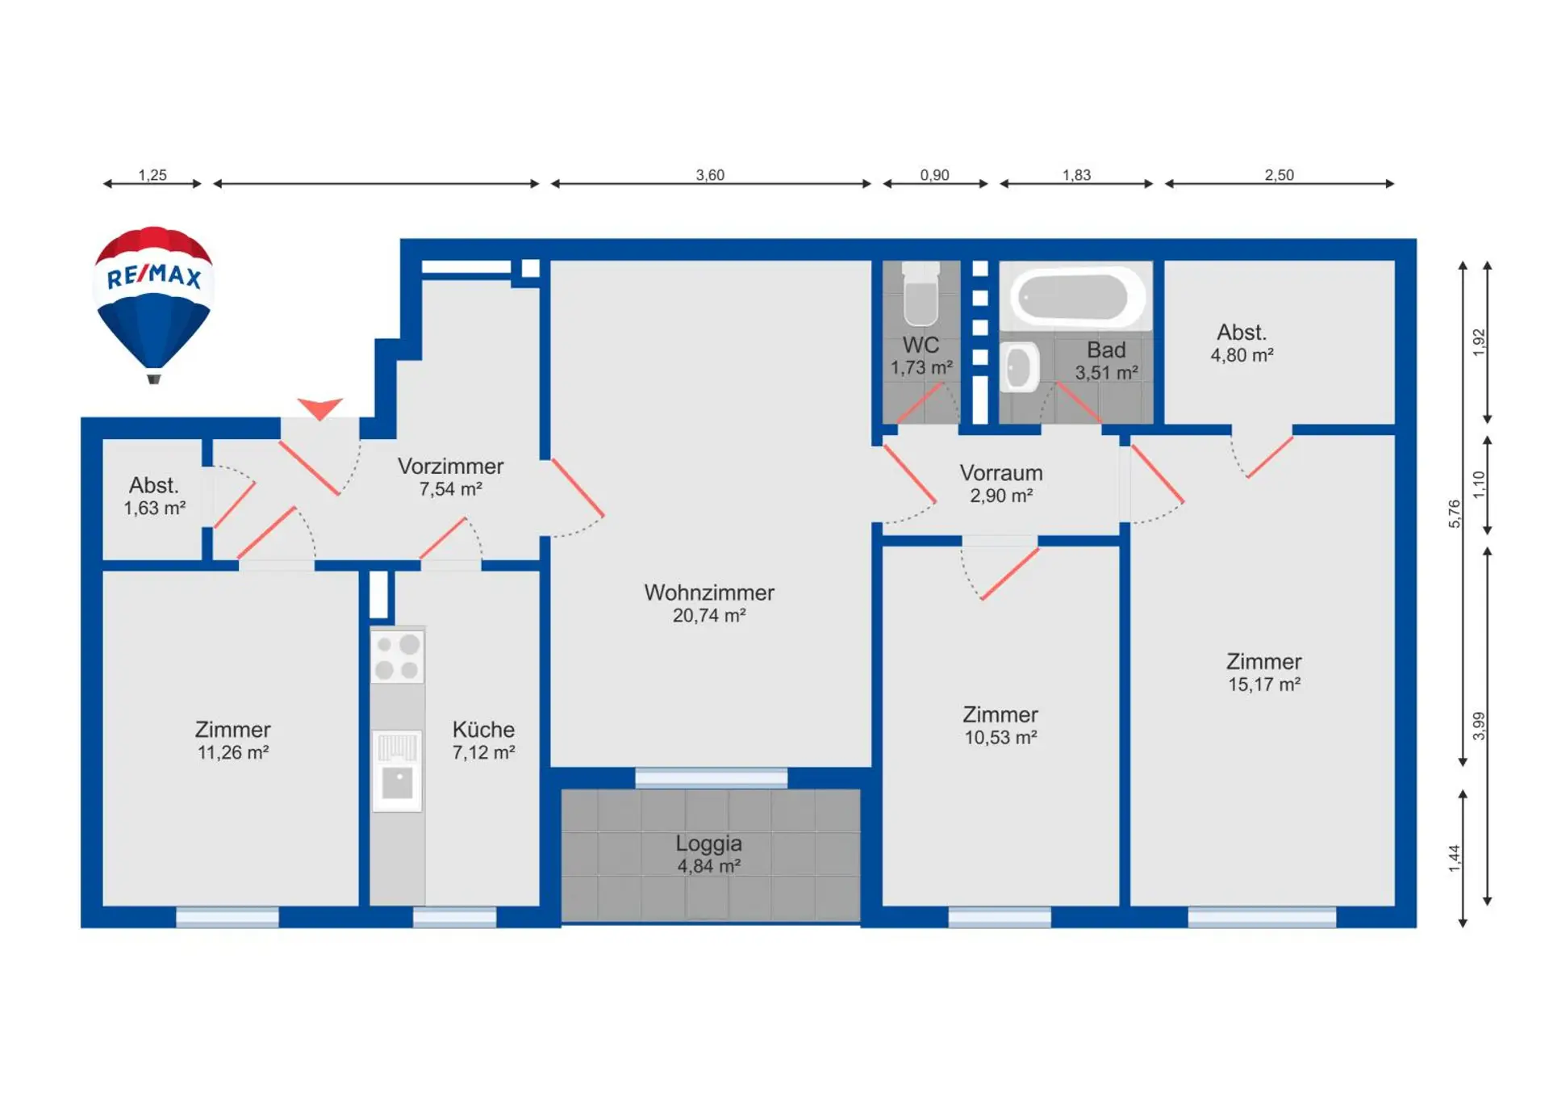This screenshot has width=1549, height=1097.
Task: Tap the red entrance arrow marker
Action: coord(319,408)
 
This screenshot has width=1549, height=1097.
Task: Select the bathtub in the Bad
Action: coord(1075,295)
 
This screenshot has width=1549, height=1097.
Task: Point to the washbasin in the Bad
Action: coord(1020,367)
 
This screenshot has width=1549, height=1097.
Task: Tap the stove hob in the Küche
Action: coord(397,656)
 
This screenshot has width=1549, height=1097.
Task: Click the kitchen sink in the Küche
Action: coord(397,771)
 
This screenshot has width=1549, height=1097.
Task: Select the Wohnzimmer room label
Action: coord(709,592)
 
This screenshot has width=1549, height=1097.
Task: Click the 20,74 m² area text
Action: coord(709,616)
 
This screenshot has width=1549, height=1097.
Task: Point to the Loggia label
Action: coord(708,844)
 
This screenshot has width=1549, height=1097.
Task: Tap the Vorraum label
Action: coord(1001,473)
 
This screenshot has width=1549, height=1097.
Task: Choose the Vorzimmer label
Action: coord(450,467)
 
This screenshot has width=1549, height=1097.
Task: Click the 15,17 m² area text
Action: coord(1264,685)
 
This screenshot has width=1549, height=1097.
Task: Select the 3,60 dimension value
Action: coord(710,175)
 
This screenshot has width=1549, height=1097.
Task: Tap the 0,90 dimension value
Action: coord(934,175)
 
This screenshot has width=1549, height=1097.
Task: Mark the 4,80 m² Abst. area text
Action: coord(1242,355)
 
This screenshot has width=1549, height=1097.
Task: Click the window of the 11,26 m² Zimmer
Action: coord(228,917)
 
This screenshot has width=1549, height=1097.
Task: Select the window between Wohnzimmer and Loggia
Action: coord(711,778)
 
